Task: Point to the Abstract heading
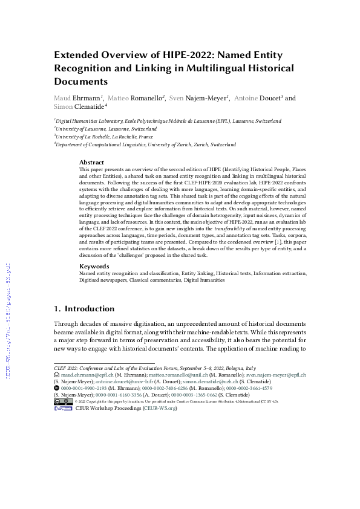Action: pyautogui.click(x=91, y=163)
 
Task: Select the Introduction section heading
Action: pyautogui.click(x=90, y=308)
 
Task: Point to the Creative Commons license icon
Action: pyautogui.click(x=60, y=401)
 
